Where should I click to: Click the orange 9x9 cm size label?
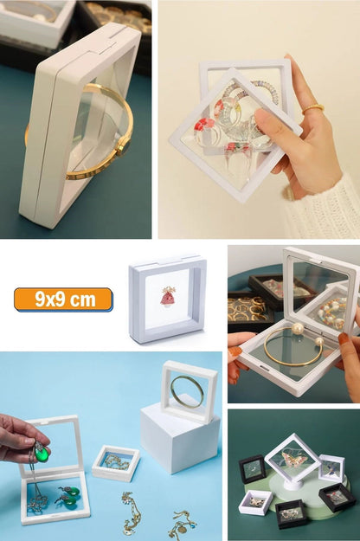tap(63, 299)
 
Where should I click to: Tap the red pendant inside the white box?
tap(168, 297)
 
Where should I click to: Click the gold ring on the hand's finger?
tap(312, 108)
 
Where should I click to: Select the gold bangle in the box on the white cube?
tap(187, 391)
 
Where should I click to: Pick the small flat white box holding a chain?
tap(115, 463)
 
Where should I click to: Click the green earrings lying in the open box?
tap(66, 498)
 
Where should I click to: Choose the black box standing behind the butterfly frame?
tap(253, 468)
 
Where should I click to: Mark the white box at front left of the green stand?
tap(255, 503)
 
